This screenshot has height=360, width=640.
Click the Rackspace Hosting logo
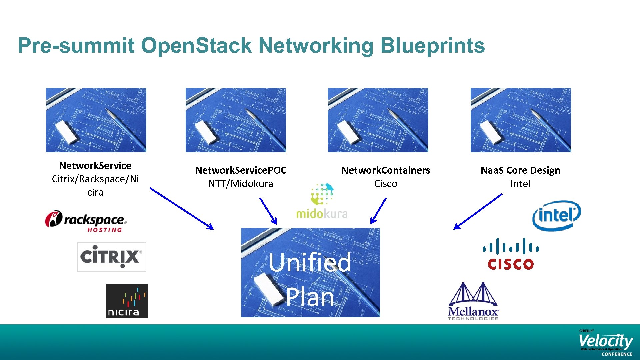[86, 221]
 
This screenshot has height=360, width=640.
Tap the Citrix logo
[111, 257]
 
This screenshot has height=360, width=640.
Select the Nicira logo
[127, 301]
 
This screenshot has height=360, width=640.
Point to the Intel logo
[556, 215]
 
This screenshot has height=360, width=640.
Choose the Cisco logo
[510, 254]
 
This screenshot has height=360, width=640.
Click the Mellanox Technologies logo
[473, 301]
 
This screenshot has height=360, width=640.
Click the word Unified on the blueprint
[310, 262]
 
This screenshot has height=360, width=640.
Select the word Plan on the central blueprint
[310, 297]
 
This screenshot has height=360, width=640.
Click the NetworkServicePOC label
[240, 170]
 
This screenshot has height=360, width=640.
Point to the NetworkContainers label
[386, 170]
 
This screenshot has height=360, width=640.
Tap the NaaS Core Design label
[520, 170]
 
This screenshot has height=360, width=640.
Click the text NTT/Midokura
[240, 184]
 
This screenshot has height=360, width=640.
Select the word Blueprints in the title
[432, 46]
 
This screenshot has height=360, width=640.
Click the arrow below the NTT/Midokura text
[268, 211]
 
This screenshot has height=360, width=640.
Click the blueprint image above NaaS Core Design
[520, 120]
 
